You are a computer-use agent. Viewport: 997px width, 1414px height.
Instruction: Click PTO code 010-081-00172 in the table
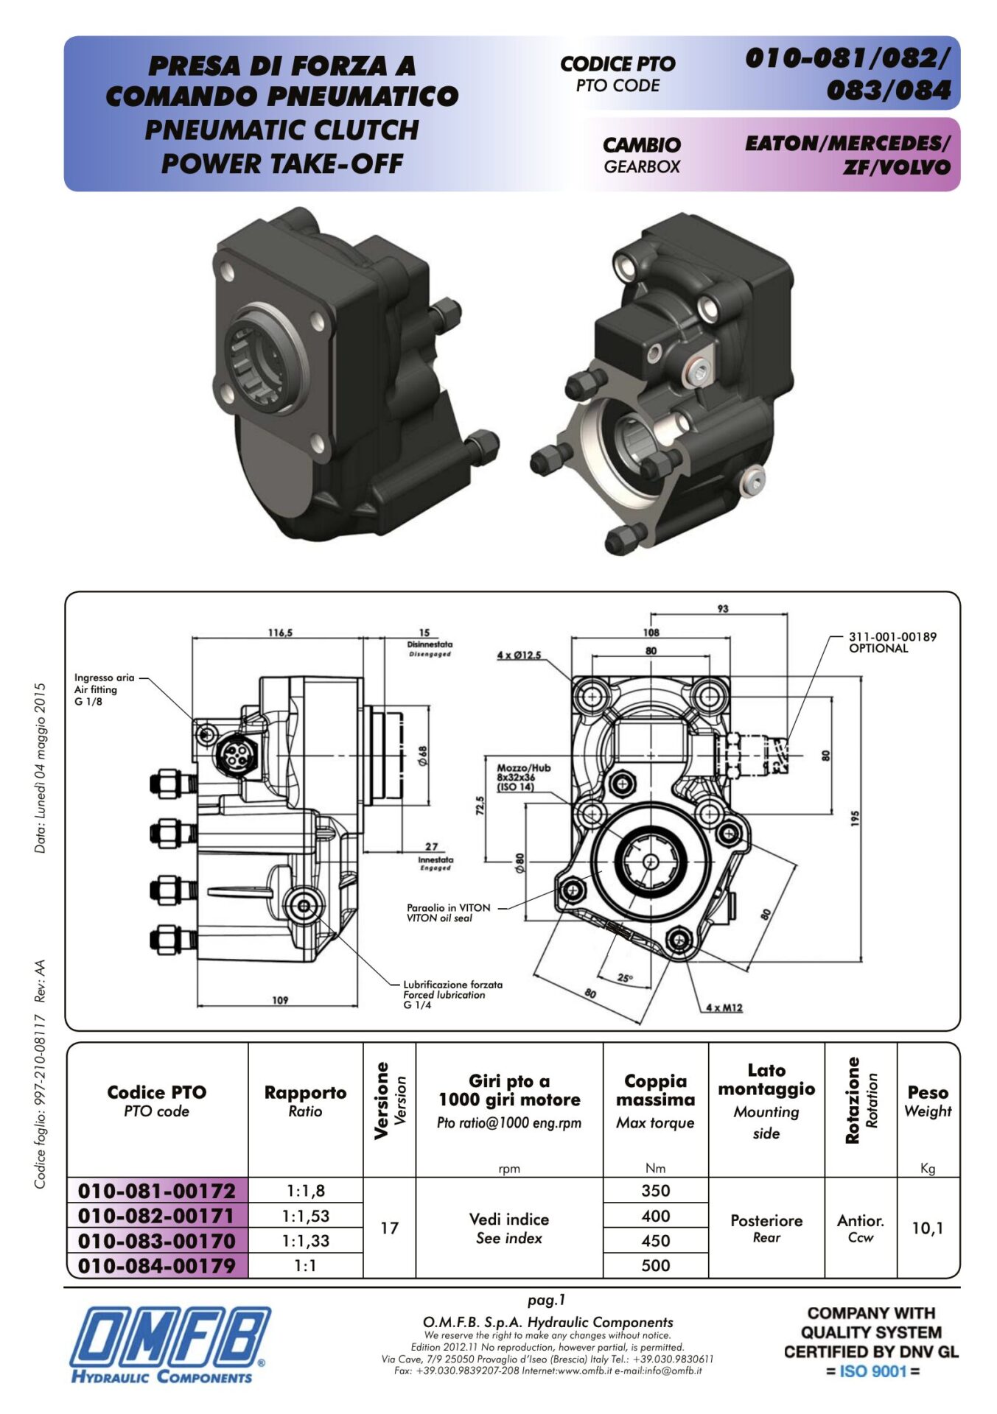156,1191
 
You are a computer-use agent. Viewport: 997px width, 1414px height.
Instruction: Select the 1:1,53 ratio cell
305,1216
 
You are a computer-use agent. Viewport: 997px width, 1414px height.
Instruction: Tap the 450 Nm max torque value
655,1241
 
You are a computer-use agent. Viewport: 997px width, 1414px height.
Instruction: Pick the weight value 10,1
927,1228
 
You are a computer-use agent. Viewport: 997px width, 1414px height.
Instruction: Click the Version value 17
389,1228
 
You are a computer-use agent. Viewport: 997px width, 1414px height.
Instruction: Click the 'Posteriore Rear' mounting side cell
766,1228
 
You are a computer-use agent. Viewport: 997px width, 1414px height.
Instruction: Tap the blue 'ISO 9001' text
872,1371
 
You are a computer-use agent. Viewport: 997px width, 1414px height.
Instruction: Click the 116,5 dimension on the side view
280,633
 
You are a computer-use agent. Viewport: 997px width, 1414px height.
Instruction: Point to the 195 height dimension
855,817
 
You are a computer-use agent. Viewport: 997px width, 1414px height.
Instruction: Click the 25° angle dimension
625,978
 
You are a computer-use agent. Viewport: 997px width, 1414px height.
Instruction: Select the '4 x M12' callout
724,1007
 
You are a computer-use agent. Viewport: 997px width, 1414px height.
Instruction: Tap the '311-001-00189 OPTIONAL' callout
892,642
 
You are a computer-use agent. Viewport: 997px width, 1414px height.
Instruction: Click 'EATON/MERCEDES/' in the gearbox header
847,143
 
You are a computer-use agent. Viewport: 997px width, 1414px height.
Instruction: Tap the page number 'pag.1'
546,1301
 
